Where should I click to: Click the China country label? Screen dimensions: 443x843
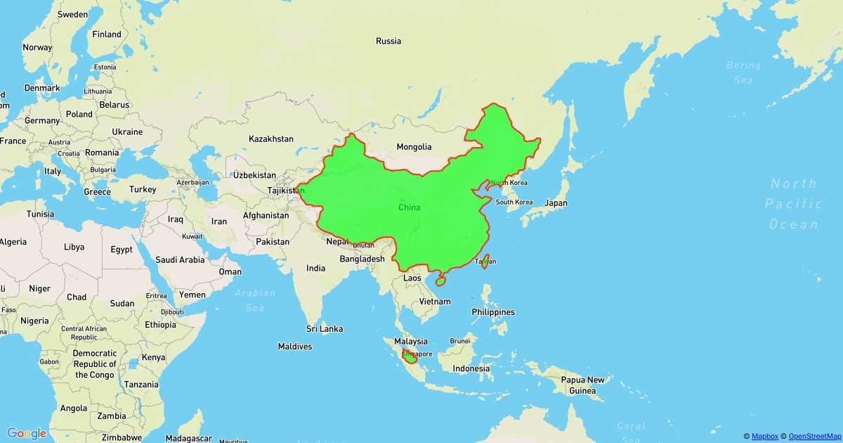pos(409,207)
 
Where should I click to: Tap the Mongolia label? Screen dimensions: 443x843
pos(414,147)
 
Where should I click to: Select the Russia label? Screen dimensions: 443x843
pos(388,41)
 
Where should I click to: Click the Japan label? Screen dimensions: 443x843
pos(555,203)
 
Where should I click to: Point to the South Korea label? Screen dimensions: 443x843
pos(514,202)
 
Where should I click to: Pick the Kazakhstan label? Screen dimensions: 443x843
pos(270,139)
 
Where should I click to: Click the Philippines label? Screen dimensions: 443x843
pos(493,312)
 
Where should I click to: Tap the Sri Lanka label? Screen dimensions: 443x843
pos(325,329)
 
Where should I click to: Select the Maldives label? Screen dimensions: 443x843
pos(294,347)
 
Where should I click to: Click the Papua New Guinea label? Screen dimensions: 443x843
pos(582,385)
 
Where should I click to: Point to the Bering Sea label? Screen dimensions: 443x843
pos(743,72)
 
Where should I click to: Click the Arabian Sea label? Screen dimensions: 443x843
pos(255,300)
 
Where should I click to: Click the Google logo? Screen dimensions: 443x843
pos(27,433)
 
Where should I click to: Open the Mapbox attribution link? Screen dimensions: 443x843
pos(764,437)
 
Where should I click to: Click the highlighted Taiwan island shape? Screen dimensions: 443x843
pos(485,261)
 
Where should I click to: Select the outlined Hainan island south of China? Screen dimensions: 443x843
pos(440,281)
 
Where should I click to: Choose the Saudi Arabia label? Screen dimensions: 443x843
pos(180,260)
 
